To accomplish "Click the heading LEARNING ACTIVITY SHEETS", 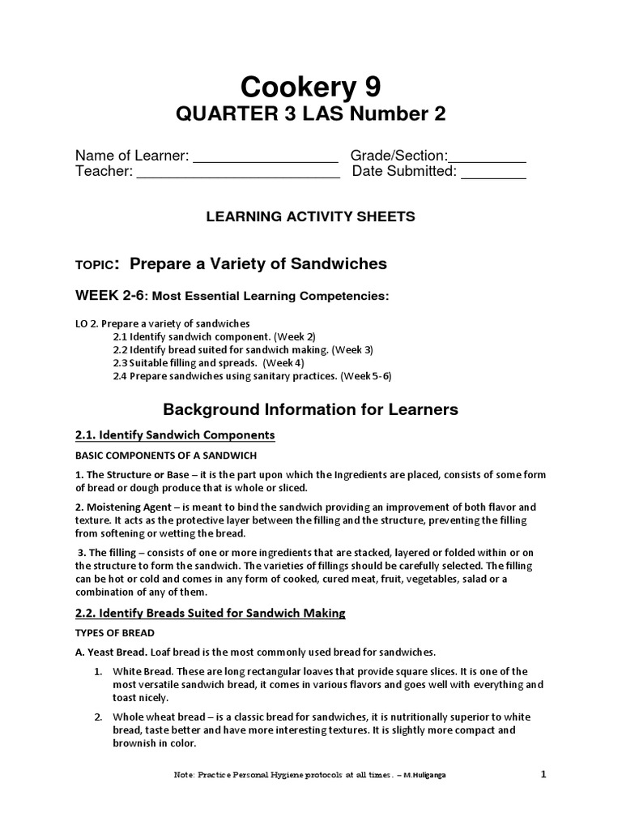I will click(x=311, y=216).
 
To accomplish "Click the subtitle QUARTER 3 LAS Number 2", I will click(x=311, y=115).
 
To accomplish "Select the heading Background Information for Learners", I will click(x=311, y=409).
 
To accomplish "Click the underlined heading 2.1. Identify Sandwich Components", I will click(x=175, y=435).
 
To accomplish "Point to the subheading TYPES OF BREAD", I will click(x=115, y=632).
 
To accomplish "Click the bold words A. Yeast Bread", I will click(x=113, y=652).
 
